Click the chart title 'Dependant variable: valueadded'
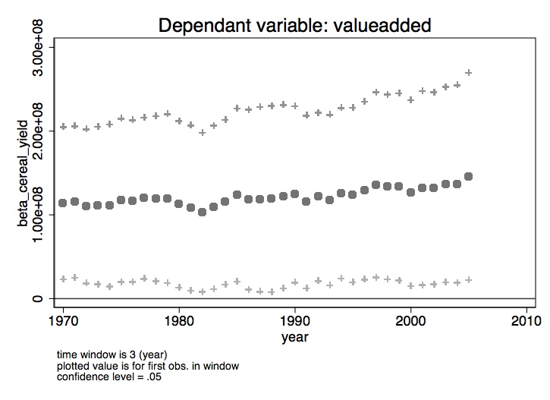(x=294, y=25)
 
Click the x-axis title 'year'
(x=295, y=335)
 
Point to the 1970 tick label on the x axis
(x=63, y=320)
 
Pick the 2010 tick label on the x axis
(x=526, y=320)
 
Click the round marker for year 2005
(x=469, y=176)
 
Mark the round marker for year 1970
(x=63, y=203)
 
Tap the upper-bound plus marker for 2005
(x=469, y=73)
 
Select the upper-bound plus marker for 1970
(x=63, y=127)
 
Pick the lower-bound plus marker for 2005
(x=469, y=280)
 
